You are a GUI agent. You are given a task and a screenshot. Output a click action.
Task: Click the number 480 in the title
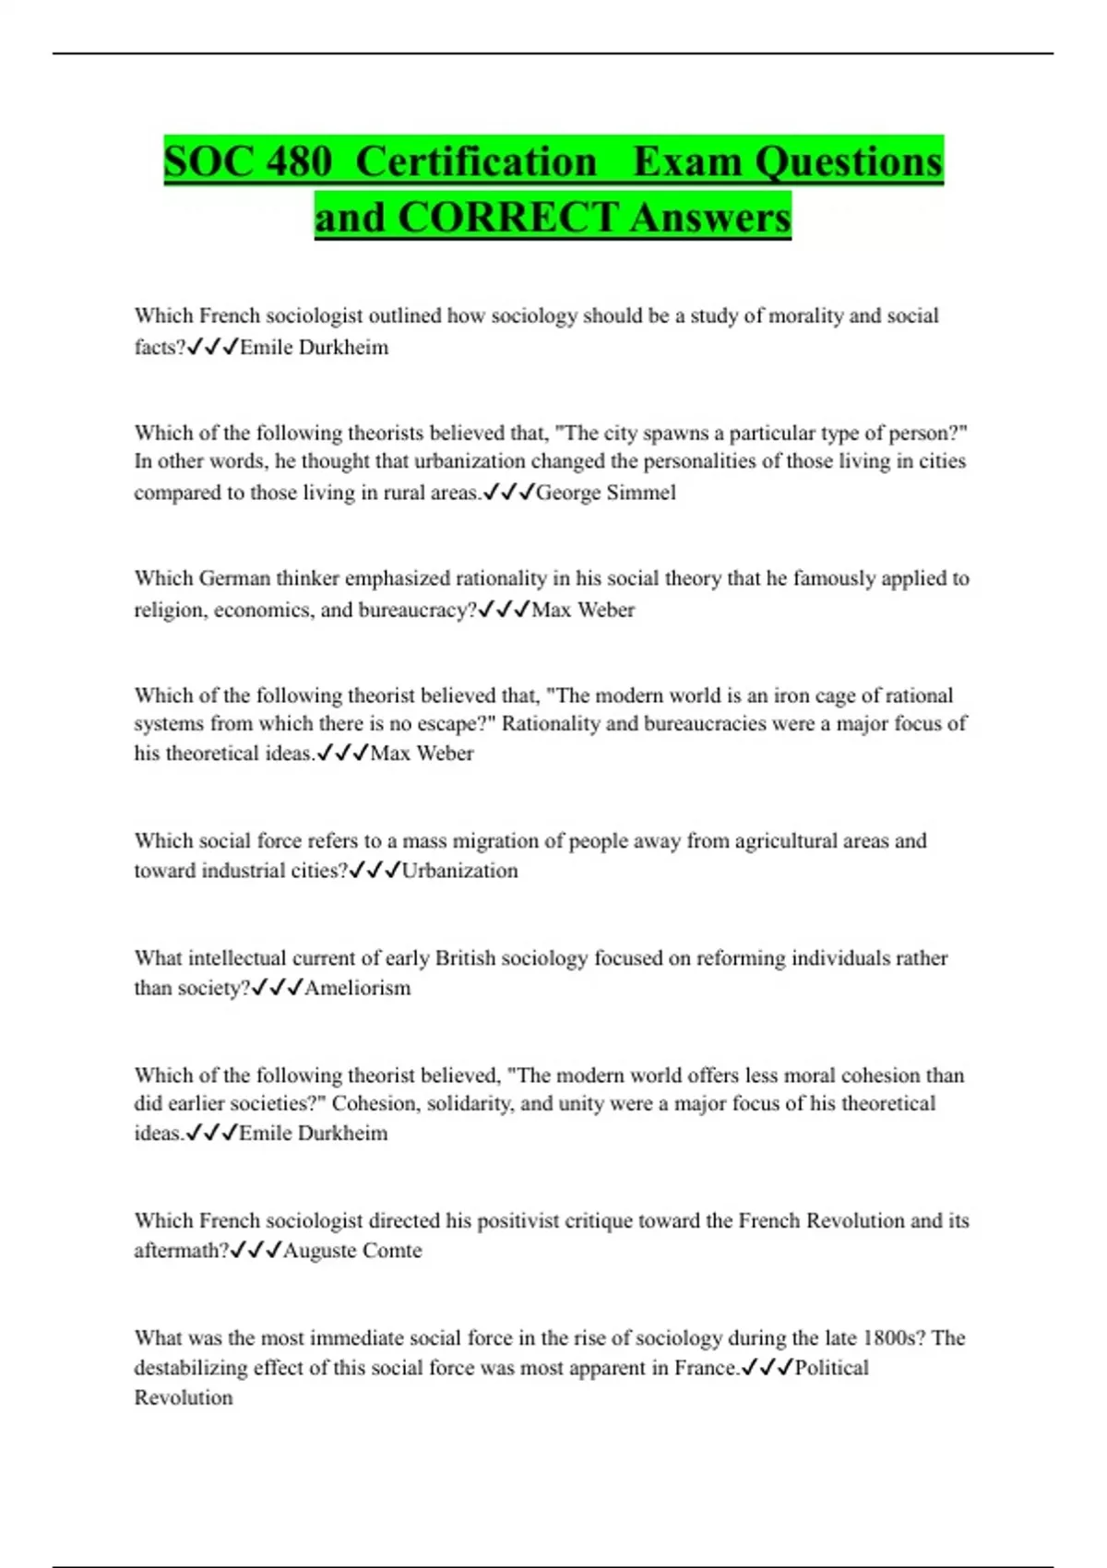pyautogui.click(x=298, y=162)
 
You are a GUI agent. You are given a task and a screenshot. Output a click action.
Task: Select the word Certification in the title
pyautogui.click(x=476, y=162)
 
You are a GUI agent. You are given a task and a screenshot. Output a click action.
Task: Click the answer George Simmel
pyautogui.click(x=605, y=493)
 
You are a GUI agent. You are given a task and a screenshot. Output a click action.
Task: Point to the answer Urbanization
pyautogui.click(x=459, y=871)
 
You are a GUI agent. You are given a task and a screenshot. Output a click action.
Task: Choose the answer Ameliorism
pyautogui.click(x=358, y=988)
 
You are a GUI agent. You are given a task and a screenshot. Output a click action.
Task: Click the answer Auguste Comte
pyautogui.click(x=352, y=1251)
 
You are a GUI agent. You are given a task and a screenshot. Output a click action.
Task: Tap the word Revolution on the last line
pyautogui.click(x=184, y=1397)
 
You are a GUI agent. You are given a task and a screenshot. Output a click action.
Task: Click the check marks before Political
pyautogui.click(x=767, y=1367)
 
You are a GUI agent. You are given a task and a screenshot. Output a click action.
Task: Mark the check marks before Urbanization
pyautogui.click(x=375, y=871)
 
